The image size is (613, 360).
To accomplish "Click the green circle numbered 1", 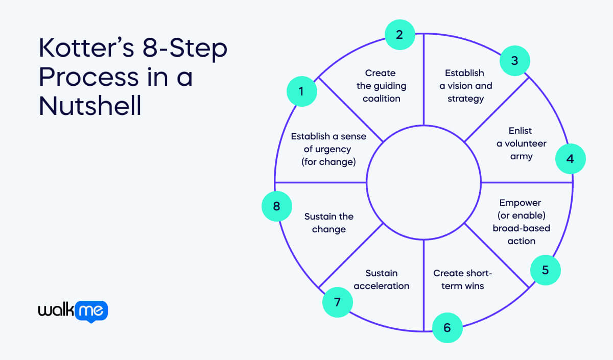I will coord(301,91).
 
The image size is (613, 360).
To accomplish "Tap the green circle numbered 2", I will coord(399,35).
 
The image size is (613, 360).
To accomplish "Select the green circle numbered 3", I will coord(514,61).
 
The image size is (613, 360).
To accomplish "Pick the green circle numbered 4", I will coord(570,158).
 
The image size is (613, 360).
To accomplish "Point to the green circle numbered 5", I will coord(545,269).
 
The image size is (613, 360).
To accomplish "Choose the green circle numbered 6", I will coord(447,327).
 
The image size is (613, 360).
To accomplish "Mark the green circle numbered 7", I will coord(337,302).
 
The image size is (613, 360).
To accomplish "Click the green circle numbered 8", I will coord(276,206).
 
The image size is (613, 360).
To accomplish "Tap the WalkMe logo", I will coord(73,311).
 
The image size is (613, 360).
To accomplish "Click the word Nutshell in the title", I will coord(90,106).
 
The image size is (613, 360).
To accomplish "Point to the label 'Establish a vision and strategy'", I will coord(465,86).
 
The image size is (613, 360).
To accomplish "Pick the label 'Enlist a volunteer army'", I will coord(521,143).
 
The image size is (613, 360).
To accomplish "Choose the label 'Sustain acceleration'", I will coord(381,279).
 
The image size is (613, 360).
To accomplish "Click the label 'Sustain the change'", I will coord(328,223).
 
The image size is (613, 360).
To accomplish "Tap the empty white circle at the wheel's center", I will coord(423,182).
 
